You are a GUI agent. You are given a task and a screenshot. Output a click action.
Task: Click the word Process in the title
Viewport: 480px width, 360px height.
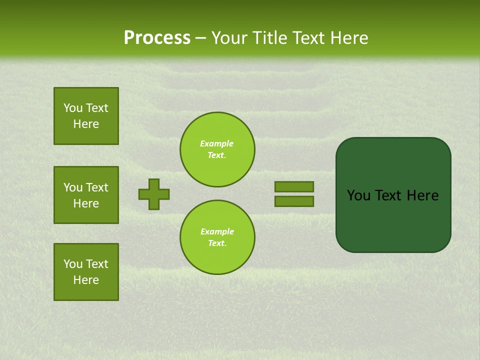pyautogui.click(x=157, y=38)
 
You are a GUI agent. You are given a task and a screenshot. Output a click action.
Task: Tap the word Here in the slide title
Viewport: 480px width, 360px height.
pyautogui.click(x=349, y=38)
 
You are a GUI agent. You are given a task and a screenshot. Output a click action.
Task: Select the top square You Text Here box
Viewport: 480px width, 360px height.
pyautogui.click(x=86, y=116)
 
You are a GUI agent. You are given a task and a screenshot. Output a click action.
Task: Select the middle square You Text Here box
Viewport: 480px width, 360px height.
pyautogui.click(x=86, y=195)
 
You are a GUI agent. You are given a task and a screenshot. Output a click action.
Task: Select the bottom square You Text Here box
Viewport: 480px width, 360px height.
pyautogui.click(x=86, y=272)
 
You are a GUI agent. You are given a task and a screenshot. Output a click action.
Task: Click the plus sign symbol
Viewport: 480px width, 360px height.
pyautogui.click(x=154, y=194)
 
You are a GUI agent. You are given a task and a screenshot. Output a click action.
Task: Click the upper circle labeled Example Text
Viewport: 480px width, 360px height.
pyautogui.click(x=217, y=149)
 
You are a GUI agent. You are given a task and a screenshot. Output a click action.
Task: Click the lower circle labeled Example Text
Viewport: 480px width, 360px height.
pyautogui.click(x=217, y=237)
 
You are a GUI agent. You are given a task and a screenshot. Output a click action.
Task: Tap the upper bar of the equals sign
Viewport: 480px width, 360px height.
pyautogui.click(x=294, y=186)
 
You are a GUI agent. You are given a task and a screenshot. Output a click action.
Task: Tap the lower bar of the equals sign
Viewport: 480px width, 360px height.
pyautogui.click(x=294, y=201)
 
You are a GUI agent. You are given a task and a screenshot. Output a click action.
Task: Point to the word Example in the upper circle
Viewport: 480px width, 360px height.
pyautogui.click(x=217, y=144)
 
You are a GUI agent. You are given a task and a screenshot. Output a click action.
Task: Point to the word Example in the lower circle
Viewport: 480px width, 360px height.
pyautogui.click(x=217, y=232)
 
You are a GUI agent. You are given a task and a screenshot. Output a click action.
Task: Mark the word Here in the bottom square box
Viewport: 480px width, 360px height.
pyautogui.click(x=86, y=280)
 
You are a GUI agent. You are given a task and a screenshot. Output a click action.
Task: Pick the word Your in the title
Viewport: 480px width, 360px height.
pyautogui.click(x=228, y=38)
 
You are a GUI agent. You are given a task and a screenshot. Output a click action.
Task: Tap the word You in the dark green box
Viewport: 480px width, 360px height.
pyautogui.click(x=358, y=195)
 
